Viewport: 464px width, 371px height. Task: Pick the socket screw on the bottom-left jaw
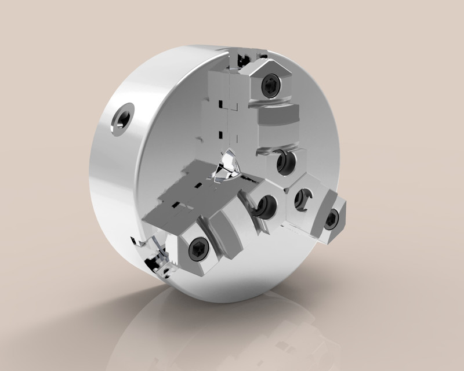click(x=197, y=249)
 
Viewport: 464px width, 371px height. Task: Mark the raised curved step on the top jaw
click(x=277, y=116)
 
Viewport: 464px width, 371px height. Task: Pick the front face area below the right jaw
click(x=290, y=255)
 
